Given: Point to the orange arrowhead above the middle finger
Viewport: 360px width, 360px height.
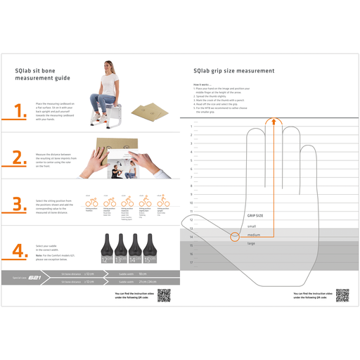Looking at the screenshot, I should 270,121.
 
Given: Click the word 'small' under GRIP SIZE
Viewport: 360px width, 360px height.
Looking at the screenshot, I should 251,226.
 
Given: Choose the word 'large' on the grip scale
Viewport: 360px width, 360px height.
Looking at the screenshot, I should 251,243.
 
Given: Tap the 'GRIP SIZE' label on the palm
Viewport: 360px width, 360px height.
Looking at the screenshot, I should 255,216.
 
